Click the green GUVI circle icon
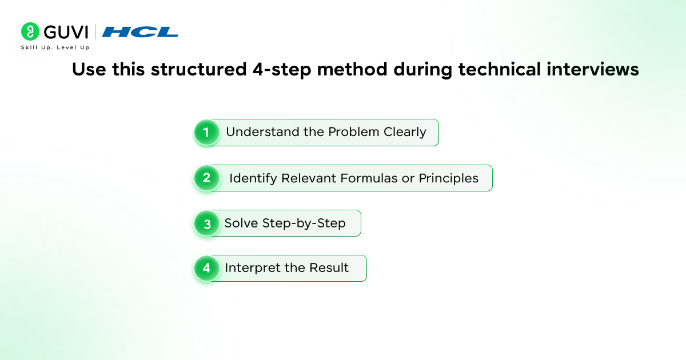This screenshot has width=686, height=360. click(x=30, y=31)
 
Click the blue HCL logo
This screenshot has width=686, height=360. click(x=140, y=32)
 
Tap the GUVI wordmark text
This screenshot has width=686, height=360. click(x=66, y=32)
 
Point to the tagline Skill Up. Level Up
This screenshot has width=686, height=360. click(x=55, y=47)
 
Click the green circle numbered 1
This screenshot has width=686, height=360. click(x=207, y=132)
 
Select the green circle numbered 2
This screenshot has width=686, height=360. click(x=207, y=178)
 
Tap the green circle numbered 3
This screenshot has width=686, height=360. click(x=207, y=223)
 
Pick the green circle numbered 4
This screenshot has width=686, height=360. click(x=207, y=268)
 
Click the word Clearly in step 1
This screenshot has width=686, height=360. click(x=405, y=133)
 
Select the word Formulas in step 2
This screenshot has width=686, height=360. click(x=369, y=178)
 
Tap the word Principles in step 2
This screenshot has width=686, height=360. click(x=448, y=179)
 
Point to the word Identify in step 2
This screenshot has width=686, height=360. click(x=253, y=179)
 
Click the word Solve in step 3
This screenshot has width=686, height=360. click(x=241, y=223)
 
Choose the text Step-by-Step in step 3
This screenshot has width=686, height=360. click(x=304, y=224)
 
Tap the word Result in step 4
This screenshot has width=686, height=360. click(x=329, y=268)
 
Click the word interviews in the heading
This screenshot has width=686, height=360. click(x=593, y=69)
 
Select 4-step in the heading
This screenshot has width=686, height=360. click(x=282, y=70)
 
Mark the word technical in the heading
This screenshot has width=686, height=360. click(x=500, y=69)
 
